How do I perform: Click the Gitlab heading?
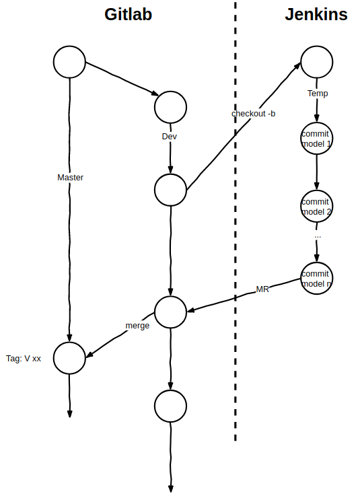(128, 15)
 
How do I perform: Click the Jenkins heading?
(316, 15)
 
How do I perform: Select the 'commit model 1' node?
(317, 139)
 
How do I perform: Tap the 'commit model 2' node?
(317, 207)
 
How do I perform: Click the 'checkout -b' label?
(253, 114)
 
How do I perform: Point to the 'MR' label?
(262, 289)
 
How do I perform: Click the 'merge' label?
(137, 325)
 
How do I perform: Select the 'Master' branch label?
(70, 178)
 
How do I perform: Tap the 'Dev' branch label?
(170, 136)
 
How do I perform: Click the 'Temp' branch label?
(318, 94)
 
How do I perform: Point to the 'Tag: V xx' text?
(24, 359)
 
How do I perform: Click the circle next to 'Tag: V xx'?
(69, 358)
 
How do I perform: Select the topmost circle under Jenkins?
(317, 63)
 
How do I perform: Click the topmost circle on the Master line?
(69, 63)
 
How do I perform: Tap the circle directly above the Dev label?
(170, 106)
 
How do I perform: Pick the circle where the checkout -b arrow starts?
(170, 190)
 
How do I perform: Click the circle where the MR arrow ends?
(170, 311)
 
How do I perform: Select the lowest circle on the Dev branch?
(170, 405)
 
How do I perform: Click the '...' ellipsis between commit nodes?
(318, 237)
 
